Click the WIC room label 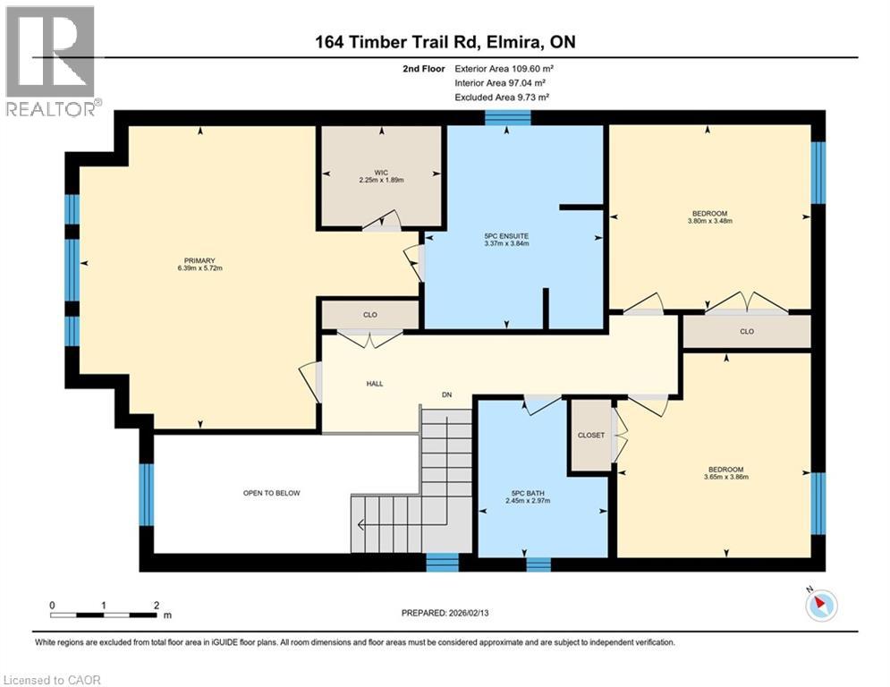(x=382, y=171)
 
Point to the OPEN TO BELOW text (x=272, y=493)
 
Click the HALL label (x=375, y=384)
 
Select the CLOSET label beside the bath (x=590, y=436)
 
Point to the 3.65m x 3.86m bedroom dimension (x=725, y=479)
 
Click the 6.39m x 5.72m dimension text (x=199, y=268)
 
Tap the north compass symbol (x=820, y=606)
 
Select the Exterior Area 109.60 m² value (x=501, y=68)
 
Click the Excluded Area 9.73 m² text (x=501, y=97)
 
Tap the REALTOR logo (x=51, y=61)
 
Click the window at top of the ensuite (x=507, y=117)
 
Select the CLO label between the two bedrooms (x=747, y=331)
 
